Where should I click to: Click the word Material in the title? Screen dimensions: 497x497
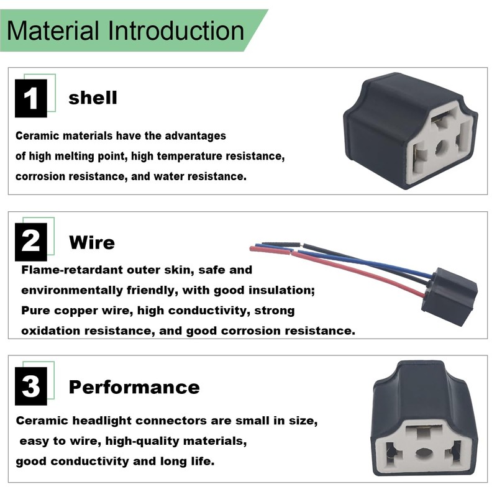coord(53,30)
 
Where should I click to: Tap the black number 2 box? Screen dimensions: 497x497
coord(31,241)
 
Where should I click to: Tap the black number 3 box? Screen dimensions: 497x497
coord(31,386)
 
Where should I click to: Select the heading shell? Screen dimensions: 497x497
coord(93,98)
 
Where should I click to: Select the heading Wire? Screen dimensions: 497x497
coord(92,242)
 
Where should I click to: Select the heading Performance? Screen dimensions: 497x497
coord(134,387)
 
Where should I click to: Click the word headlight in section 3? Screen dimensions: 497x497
coord(99,421)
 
